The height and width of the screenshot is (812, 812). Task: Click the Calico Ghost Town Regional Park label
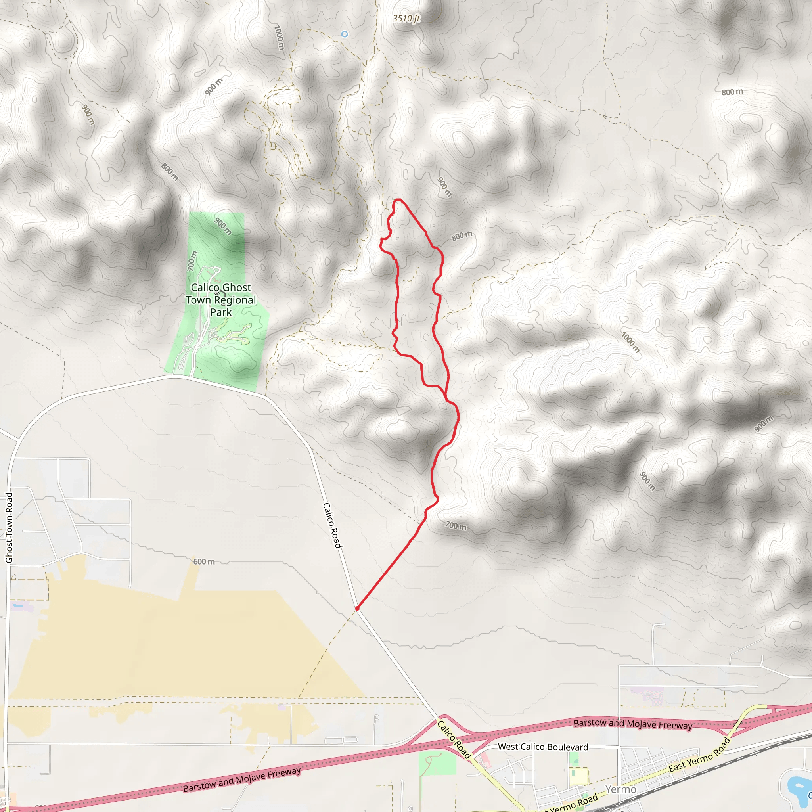coord(221,300)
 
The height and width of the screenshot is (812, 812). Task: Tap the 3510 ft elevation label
coord(406,19)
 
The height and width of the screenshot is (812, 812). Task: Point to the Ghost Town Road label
coord(9,527)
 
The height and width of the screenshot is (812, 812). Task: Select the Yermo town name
coord(621,789)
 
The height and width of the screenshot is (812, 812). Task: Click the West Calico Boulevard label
coord(543,747)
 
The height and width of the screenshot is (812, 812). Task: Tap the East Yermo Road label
coord(699,755)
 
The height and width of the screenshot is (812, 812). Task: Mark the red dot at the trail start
coord(357,608)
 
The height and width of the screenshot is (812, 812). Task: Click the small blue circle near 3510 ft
coord(345,34)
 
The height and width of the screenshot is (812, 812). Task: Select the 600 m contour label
coord(204,561)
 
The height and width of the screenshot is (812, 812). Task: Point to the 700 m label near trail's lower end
coord(456,526)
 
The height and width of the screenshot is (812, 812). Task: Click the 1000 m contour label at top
coord(279,37)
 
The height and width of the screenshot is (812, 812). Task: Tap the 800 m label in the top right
coord(732,92)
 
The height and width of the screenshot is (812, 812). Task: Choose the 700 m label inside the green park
coord(192,260)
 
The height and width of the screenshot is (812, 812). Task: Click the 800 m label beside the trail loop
coord(462,236)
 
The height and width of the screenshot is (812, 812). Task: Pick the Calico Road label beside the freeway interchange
coord(454,739)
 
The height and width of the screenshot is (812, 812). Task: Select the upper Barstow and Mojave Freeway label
coord(632,724)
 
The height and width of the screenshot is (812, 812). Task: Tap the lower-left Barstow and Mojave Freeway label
coord(242,779)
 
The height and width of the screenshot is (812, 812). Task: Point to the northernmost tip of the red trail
coord(398,200)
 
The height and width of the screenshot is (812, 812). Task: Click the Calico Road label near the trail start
coord(332,525)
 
